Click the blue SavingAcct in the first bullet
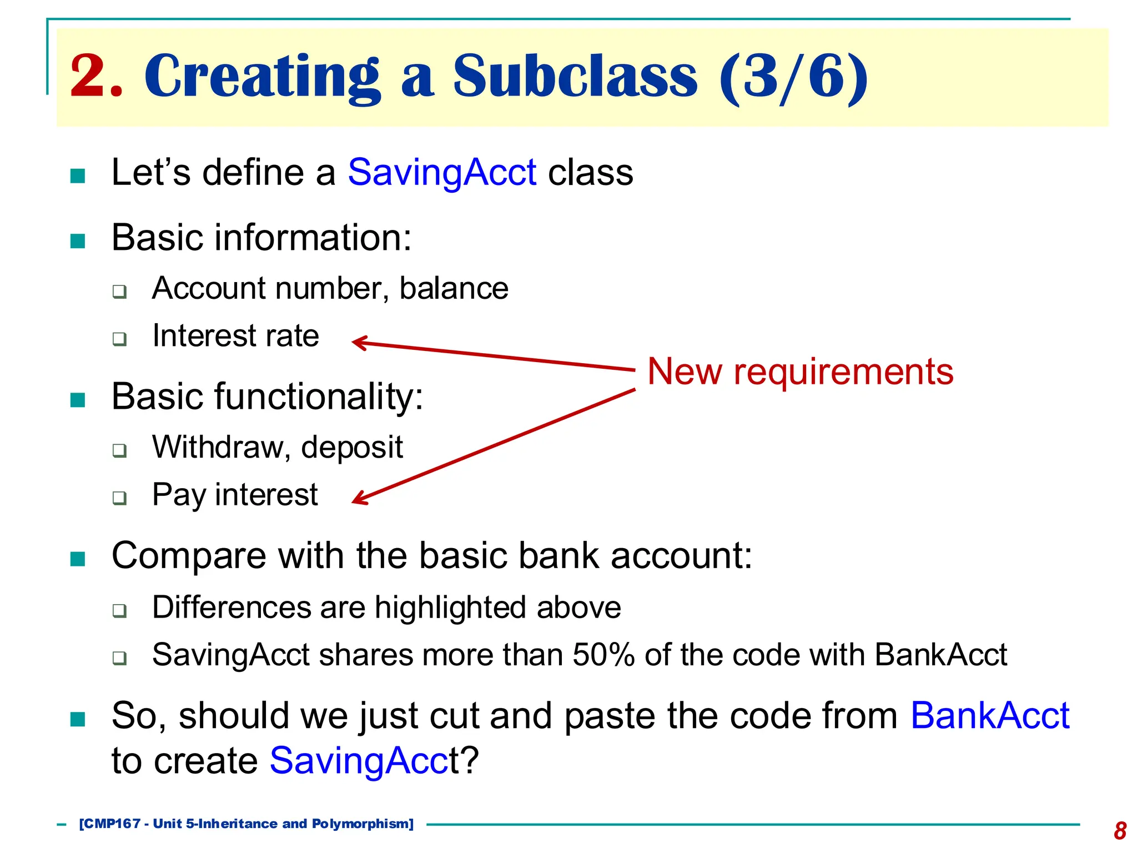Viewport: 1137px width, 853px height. click(442, 172)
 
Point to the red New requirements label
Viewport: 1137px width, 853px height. click(800, 372)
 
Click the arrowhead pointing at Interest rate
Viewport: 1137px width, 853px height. click(358, 342)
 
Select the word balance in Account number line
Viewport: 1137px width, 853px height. click(454, 288)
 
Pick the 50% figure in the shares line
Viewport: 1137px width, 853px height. click(603, 655)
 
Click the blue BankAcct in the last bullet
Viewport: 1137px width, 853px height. click(989, 715)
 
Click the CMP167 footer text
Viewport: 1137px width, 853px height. click(109, 824)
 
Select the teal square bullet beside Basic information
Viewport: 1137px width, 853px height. click(78, 240)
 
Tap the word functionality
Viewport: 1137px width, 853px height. click(318, 397)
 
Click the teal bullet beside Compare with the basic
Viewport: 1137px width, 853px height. click(78, 558)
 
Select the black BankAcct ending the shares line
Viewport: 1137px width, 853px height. click(940, 655)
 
